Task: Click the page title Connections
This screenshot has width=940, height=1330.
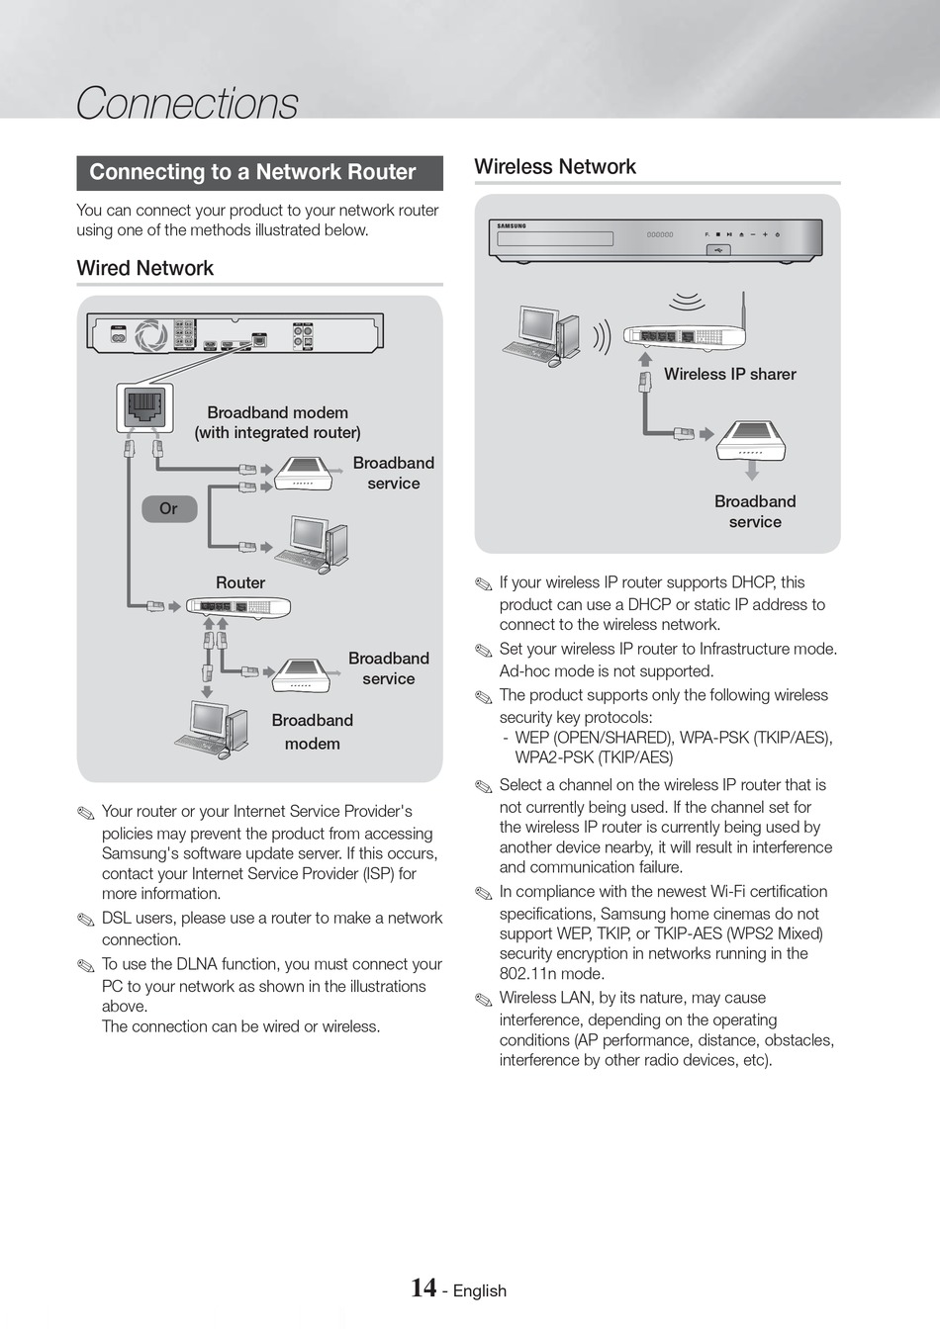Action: pyautogui.click(x=187, y=103)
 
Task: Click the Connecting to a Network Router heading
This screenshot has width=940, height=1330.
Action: pyautogui.click(x=252, y=172)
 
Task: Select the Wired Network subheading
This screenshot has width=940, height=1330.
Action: pyautogui.click(x=145, y=268)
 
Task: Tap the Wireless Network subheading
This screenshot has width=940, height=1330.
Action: pyautogui.click(x=555, y=166)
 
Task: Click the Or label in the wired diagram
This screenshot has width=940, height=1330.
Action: pyautogui.click(x=168, y=508)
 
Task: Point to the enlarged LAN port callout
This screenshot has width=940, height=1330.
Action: pyautogui.click(x=144, y=408)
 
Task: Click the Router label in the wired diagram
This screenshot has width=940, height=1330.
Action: pyautogui.click(x=240, y=582)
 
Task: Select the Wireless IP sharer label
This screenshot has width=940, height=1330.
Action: pyautogui.click(x=729, y=374)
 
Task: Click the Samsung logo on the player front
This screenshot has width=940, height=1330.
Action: pyautogui.click(x=512, y=226)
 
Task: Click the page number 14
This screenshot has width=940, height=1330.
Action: pyautogui.click(x=423, y=1287)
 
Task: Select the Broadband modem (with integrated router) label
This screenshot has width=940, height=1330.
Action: pyautogui.click(x=277, y=422)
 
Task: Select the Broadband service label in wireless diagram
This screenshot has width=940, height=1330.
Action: pyautogui.click(x=755, y=511)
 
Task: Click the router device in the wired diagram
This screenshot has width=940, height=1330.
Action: pyautogui.click(x=239, y=607)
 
